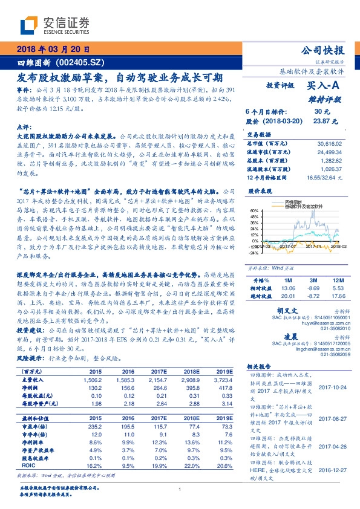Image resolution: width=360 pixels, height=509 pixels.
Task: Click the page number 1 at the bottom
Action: point(180,490)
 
